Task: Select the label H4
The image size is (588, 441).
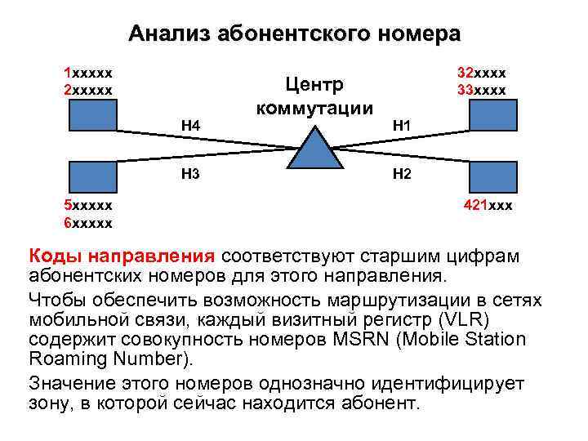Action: tap(189, 126)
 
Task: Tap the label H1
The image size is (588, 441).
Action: tap(401, 126)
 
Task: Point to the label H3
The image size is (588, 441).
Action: tap(189, 173)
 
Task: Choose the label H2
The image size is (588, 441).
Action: tap(401, 173)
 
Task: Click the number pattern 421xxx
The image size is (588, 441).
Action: tap(488, 206)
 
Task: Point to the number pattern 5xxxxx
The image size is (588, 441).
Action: tap(88, 206)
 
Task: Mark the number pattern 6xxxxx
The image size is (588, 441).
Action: tap(88, 221)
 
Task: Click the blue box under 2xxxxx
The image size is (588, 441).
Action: tap(92, 117)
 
